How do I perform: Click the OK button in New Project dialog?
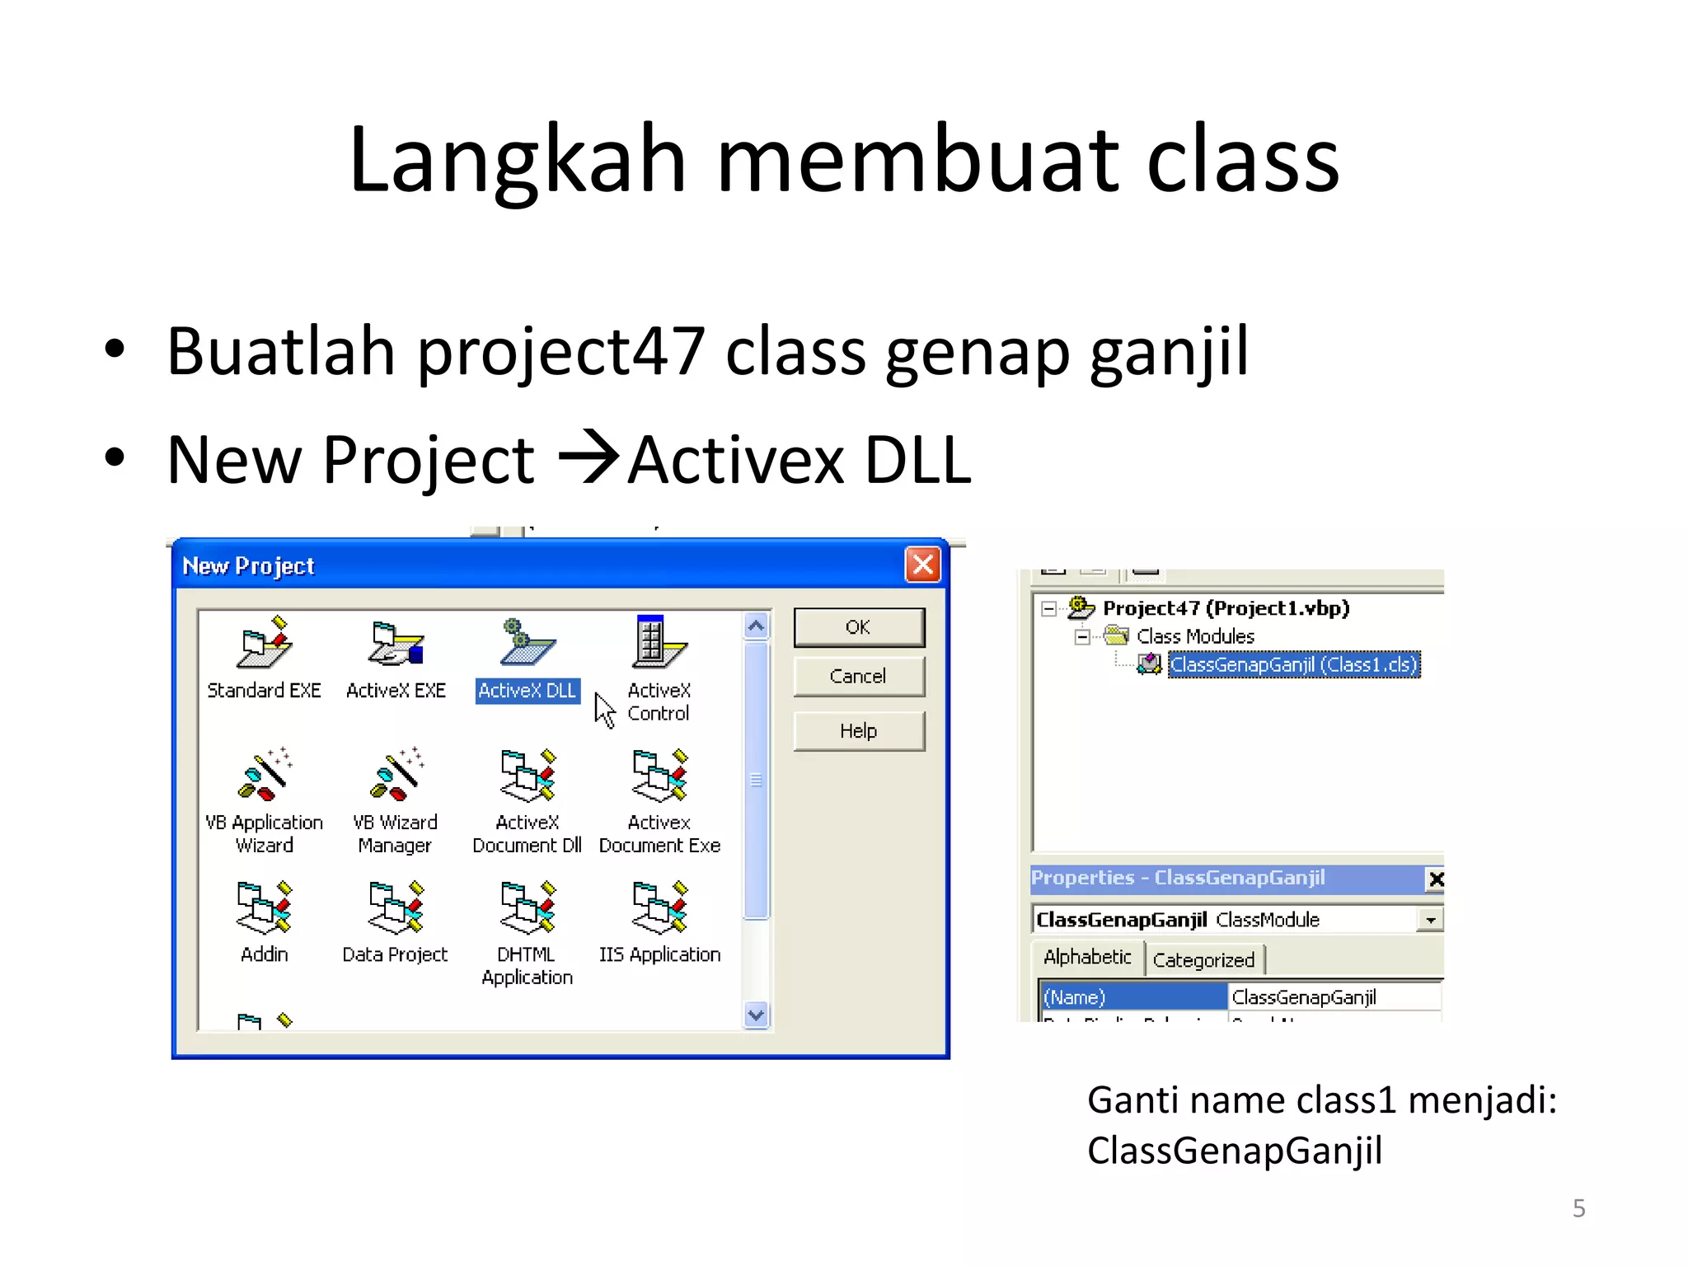[x=858, y=627]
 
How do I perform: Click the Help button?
[x=858, y=731]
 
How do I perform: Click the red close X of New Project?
[x=922, y=565]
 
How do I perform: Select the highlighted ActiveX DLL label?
[x=527, y=691]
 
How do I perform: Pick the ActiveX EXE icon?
[x=396, y=643]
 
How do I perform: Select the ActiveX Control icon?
[x=659, y=642]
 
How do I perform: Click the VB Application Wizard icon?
[x=264, y=775]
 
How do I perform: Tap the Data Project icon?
[x=396, y=907]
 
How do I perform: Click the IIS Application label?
[x=659, y=954]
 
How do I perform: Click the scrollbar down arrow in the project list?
[x=756, y=1015]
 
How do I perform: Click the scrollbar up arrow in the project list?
[x=756, y=626]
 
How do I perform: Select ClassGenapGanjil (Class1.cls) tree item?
[x=1293, y=664]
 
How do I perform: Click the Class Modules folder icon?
[x=1117, y=635]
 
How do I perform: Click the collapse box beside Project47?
[x=1048, y=609]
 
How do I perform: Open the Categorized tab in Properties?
[x=1203, y=960]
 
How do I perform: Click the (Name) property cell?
[x=1132, y=997]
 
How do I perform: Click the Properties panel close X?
[x=1436, y=879]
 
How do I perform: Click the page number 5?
[x=1578, y=1208]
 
